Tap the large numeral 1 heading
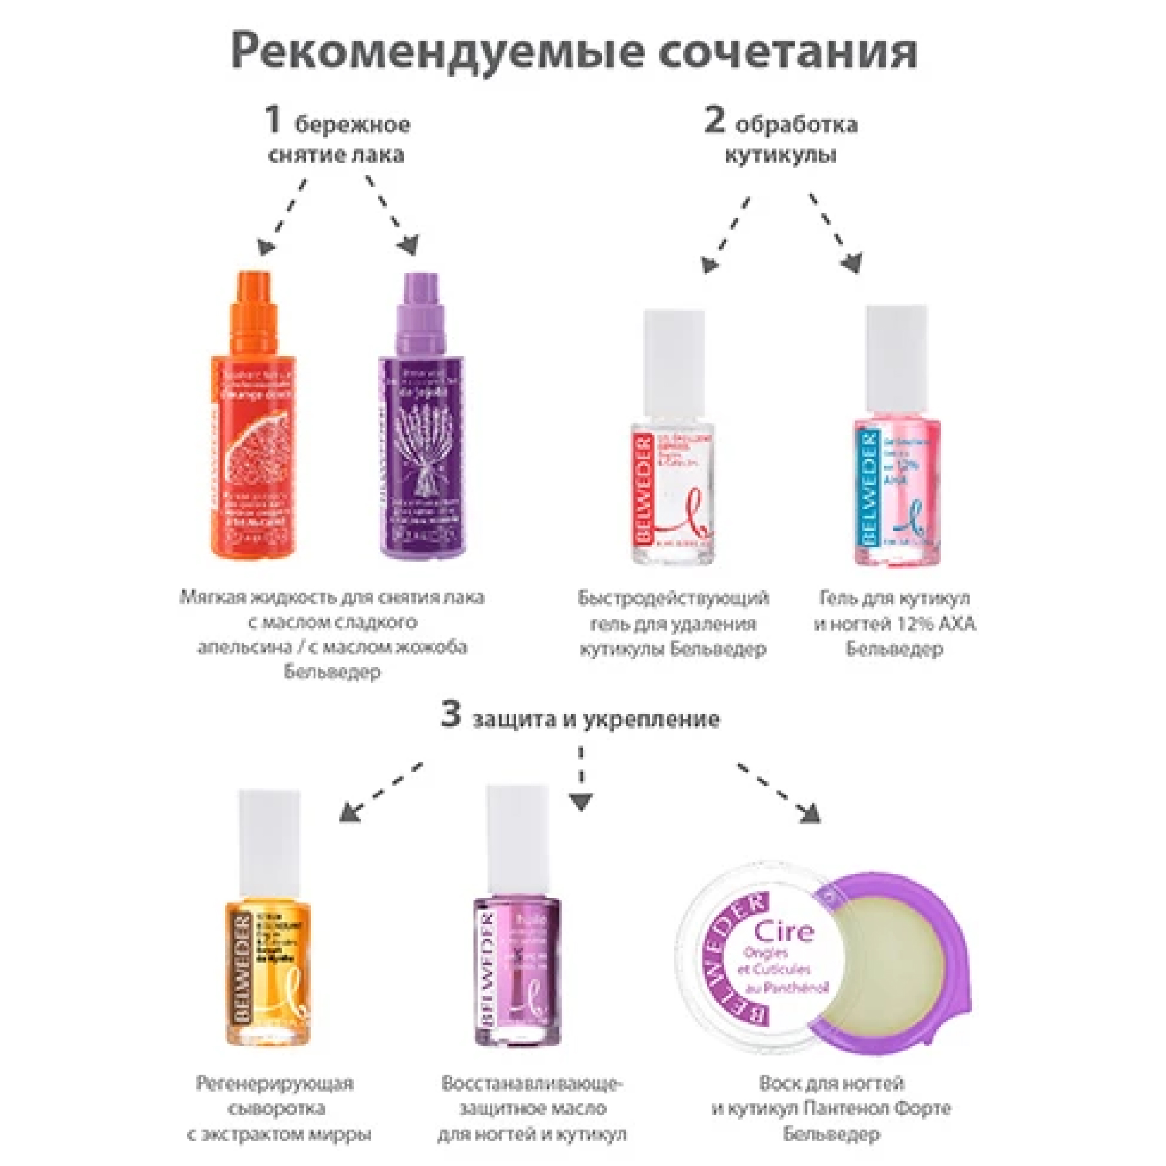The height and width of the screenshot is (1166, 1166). (x=273, y=120)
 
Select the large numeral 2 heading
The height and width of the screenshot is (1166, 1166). (x=714, y=120)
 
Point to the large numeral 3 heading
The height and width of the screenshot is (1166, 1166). (x=450, y=715)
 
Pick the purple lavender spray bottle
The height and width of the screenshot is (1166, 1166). (x=421, y=453)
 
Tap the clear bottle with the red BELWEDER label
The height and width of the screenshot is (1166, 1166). (x=674, y=492)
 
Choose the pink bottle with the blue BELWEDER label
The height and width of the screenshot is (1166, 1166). (x=897, y=492)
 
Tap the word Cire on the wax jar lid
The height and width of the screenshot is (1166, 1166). (x=784, y=932)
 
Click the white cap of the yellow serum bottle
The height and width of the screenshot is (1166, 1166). (x=269, y=842)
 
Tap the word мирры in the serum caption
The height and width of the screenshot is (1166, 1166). (x=344, y=1134)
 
